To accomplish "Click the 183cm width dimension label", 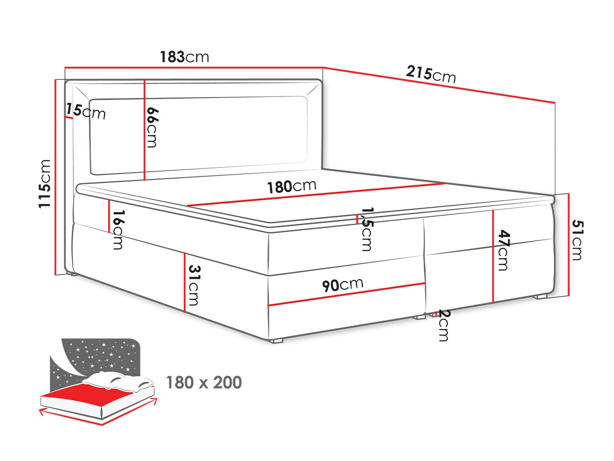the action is [184, 57].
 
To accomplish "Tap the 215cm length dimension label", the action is [431, 75].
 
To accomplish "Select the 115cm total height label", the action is [45, 184].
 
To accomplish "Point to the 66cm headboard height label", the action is [152, 127].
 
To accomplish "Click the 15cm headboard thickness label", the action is [86, 111].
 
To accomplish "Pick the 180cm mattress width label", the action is [292, 187].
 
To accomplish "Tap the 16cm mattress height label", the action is [118, 230].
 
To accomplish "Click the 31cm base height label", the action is [194, 285].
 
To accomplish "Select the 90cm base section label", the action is [342, 285].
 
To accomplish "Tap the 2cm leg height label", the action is [443, 325].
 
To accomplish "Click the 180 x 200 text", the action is [204, 382].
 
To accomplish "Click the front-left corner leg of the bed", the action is [277, 341].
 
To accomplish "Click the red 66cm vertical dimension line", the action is [144, 130].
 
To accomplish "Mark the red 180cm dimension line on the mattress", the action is [316, 194].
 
